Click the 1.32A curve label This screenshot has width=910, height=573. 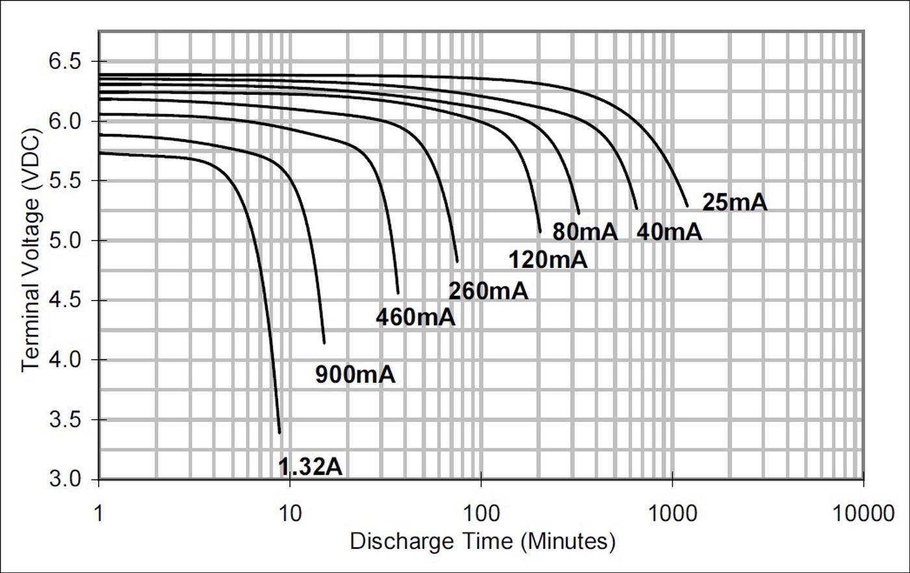point(310,466)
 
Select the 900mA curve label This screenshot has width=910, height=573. point(355,375)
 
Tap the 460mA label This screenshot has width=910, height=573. point(415,317)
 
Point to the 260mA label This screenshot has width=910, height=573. point(488,291)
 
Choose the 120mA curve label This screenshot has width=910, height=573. point(547,260)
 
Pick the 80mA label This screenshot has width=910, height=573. point(584,232)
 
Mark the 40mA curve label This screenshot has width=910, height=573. point(669,232)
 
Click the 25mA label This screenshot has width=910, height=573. point(734,202)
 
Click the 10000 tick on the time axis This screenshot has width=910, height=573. point(863,513)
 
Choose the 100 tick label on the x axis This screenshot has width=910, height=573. point(481,513)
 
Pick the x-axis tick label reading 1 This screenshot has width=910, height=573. point(99,513)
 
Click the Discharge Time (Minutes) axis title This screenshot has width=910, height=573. point(482,541)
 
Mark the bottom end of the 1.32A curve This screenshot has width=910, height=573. point(279,432)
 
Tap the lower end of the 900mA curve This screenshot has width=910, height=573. point(324,342)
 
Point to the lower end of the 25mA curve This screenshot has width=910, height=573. point(687,206)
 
